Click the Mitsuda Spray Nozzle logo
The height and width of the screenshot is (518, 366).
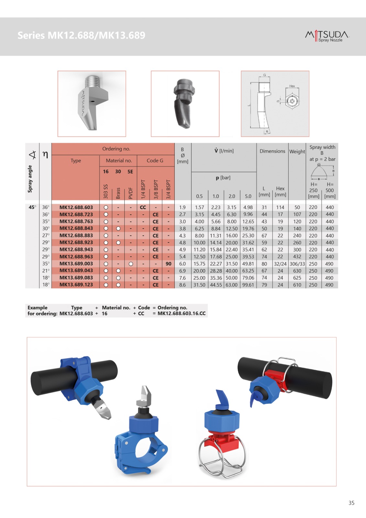[327, 36]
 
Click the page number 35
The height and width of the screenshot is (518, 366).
[351, 503]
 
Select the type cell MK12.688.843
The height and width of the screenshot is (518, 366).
[76, 228]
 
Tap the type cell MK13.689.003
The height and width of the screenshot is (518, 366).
[76, 264]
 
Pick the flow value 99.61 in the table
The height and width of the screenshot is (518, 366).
[248, 285]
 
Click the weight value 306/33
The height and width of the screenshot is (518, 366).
[297, 264]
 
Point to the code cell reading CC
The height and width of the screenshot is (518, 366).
[143, 208]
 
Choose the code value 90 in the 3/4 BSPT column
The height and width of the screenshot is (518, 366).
[169, 264]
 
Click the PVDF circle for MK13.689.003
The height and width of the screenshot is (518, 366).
[131, 264]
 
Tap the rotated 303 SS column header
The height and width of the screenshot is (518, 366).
[106, 191]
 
